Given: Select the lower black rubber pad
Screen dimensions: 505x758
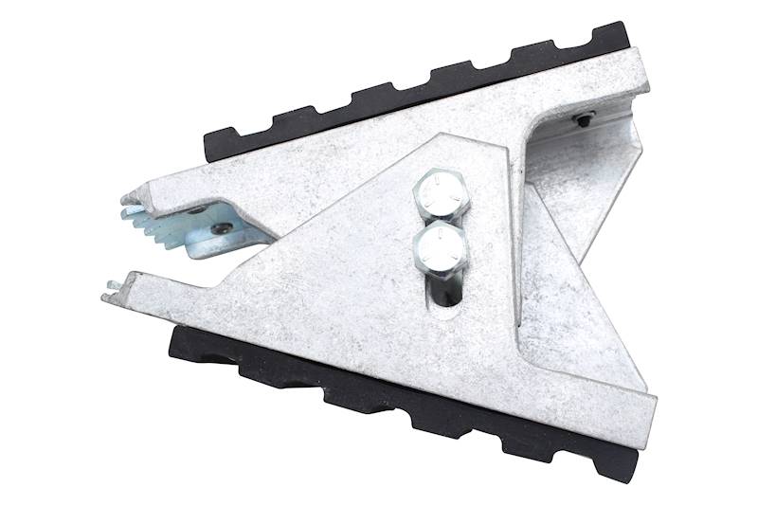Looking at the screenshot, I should click(x=398, y=398).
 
